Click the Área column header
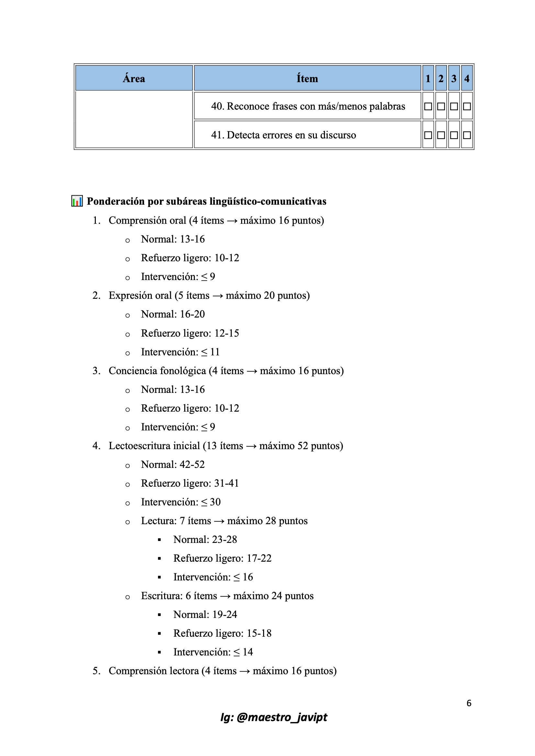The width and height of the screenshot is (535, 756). tap(134, 78)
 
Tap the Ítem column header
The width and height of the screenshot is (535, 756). tap(307, 78)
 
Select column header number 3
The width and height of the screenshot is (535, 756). tap(454, 78)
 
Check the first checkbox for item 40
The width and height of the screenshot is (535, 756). tap(428, 106)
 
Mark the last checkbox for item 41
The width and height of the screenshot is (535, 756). tap(467, 135)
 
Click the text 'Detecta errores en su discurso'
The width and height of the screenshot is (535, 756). tap(291, 135)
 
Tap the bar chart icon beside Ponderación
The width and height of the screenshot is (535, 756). tap(77, 201)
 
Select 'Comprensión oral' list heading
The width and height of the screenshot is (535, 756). tap(147, 220)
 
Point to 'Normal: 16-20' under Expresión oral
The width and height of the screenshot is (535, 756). tap(173, 314)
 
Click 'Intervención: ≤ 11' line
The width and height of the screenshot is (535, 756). tap(180, 352)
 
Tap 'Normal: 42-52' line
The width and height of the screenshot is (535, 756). tap(173, 465)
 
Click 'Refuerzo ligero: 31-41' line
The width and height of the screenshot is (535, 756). tap(190, 483)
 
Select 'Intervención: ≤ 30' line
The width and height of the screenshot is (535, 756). tap(181, 502)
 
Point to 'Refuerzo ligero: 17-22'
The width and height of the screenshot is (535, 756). tap(222, 558)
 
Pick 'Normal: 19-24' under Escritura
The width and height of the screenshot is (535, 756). tap(205, 615)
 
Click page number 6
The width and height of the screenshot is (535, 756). tap(469, 703)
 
